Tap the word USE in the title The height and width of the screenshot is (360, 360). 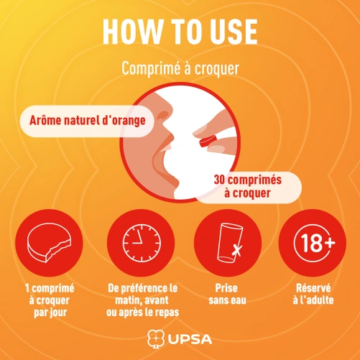[x=234, y=32]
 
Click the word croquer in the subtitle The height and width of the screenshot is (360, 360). [x=216, y=70]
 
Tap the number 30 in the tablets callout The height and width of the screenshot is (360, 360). [x=219, y=180]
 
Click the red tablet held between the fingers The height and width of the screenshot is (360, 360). [x=208, y=141]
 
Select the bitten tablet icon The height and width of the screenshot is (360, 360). [x=49, y=243]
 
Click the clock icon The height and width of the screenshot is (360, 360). [x=142, y=243]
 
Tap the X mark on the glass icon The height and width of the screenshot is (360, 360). [x=237, y=250]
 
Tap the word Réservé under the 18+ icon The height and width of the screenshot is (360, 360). [x=313, y=288]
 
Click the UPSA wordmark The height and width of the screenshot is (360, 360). [x=190, y=339]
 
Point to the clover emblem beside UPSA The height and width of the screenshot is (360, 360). [x=155, y=338]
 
